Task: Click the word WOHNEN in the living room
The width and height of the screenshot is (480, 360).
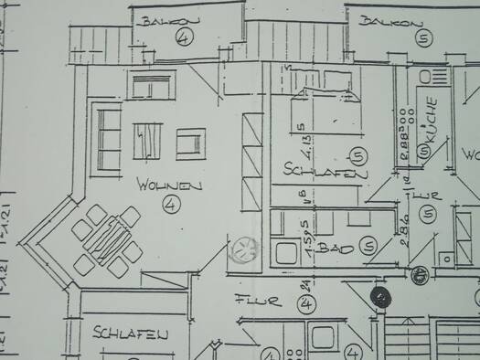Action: click(x=168, y=185)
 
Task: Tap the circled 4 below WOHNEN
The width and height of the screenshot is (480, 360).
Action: click(x=170, y=205)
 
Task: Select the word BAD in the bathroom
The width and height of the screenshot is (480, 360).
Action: click(x=341, y=248)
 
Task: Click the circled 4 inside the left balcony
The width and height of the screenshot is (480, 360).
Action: click(x=186, y=37)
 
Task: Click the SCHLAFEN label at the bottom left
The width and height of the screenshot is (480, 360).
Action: click(x=131, y=335)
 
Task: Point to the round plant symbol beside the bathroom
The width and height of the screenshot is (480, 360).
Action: click(x=244, y=249)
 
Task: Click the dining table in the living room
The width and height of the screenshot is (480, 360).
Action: click(x=109, y=238)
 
